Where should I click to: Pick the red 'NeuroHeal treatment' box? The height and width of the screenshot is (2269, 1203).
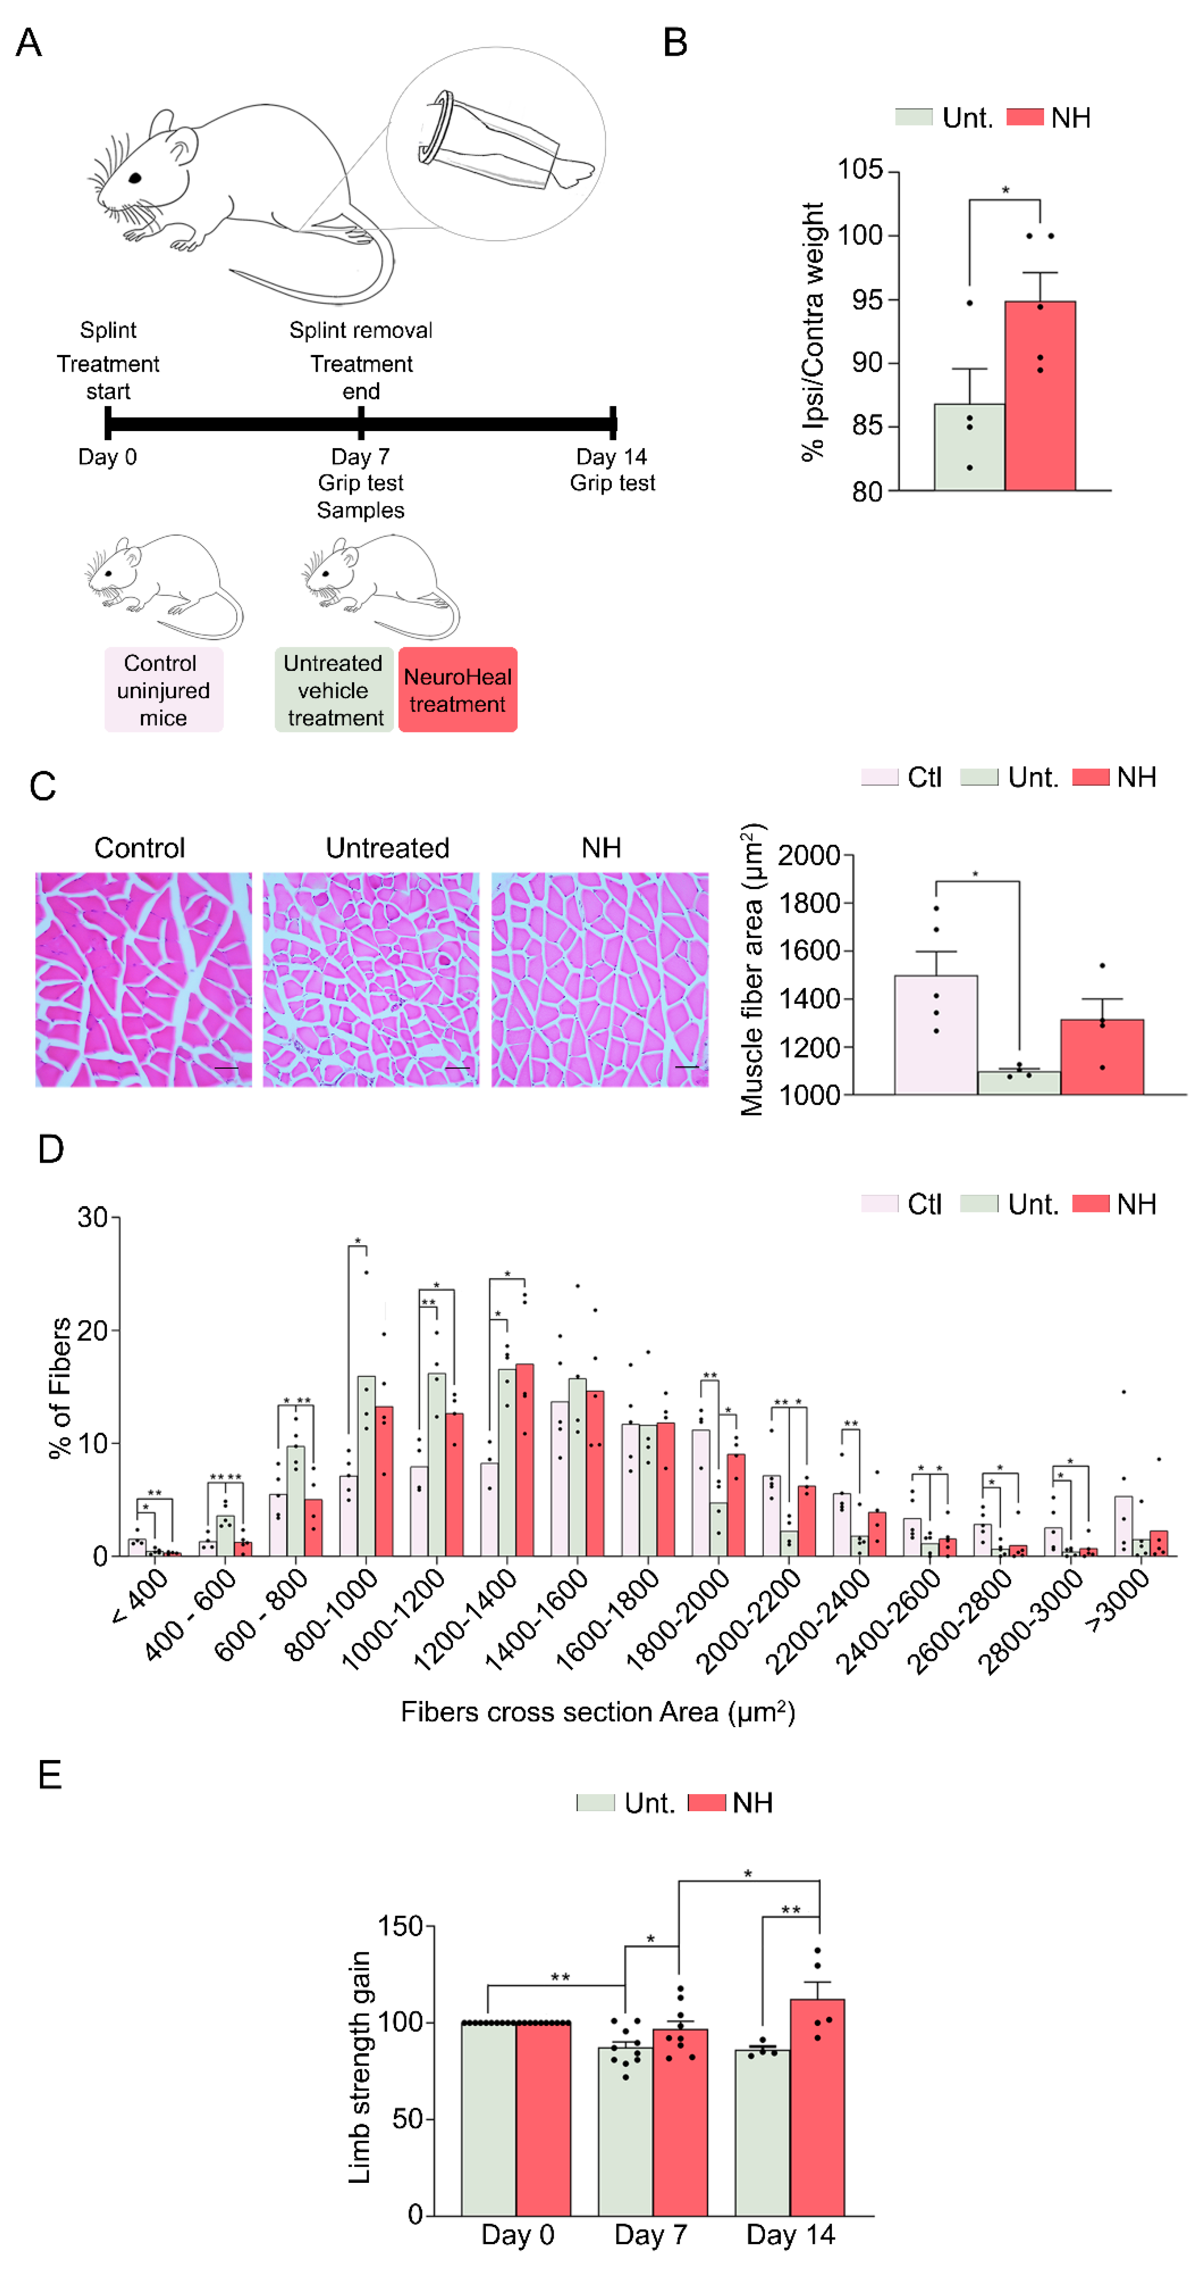[457, 690]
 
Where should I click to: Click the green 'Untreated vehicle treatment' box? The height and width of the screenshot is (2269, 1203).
[334, 690]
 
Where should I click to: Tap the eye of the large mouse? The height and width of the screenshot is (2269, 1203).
[135, 178]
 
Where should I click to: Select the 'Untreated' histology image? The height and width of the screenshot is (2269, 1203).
[371, 980]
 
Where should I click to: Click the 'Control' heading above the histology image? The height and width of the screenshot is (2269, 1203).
[139, 847]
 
